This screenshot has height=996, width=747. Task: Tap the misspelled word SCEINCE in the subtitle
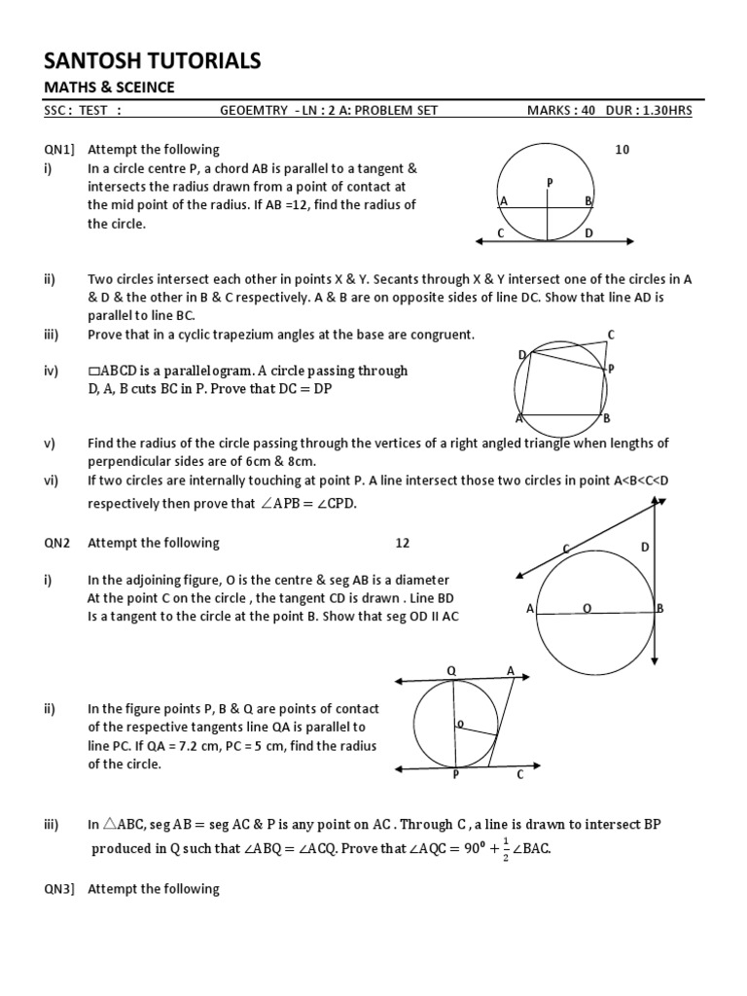(x=142, y=88)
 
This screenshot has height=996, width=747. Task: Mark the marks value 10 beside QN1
(x=622, y=150)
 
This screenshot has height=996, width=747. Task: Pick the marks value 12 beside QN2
(x=403, y=543)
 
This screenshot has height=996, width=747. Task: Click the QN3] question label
(x=61, y=888)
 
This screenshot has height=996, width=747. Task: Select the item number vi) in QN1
(x=51, y=480)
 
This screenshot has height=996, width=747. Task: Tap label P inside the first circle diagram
(x=550, y=182)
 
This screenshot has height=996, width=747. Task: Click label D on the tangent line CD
(x=588, y=234)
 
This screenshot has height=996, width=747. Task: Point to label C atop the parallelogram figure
(x=611, y=335)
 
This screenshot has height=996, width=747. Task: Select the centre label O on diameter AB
(x=587, y=608)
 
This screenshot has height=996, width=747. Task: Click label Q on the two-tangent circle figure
(x=451, y=671)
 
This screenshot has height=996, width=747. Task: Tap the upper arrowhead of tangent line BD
(x=660, y=501)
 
